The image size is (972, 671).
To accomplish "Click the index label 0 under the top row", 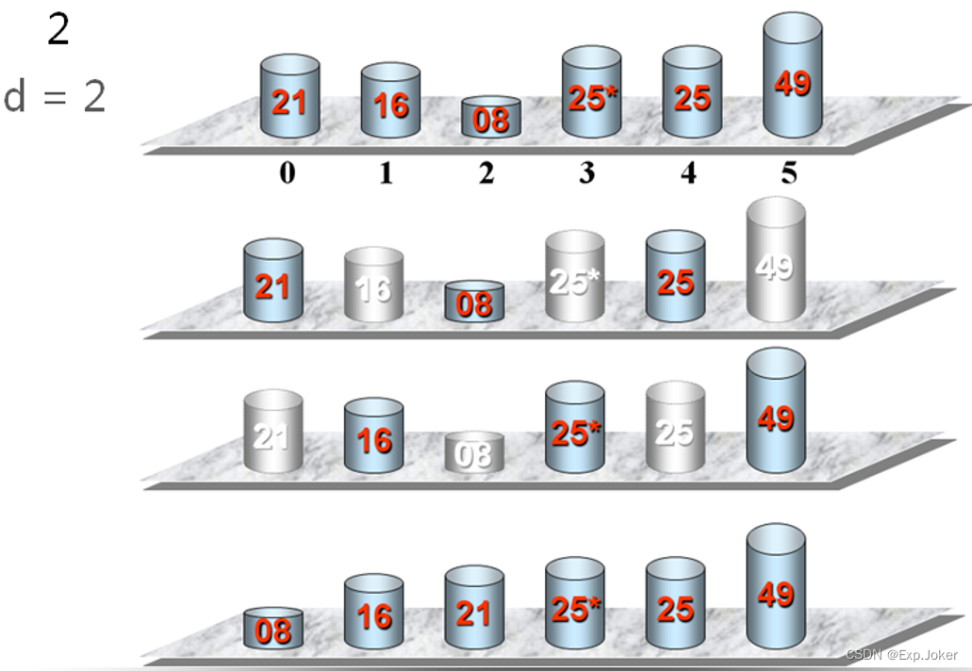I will (287, 175).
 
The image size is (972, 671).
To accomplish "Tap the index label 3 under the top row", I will (586, 175).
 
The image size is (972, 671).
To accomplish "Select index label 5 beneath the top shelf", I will (788, 175).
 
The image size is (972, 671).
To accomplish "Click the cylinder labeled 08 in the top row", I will (490, 118).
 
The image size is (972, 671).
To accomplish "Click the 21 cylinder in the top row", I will (289, 99).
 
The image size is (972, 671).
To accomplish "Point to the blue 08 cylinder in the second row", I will (474, 303).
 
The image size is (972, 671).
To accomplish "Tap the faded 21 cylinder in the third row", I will (272, 434).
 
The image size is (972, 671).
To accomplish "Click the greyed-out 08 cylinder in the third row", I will (474, 453).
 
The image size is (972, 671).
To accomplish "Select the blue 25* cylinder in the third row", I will (574, 431).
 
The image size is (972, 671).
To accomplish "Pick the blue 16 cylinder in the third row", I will (373, 438).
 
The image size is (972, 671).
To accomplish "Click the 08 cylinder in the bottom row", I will (272, 630).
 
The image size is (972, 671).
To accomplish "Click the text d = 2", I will (55, 97).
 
